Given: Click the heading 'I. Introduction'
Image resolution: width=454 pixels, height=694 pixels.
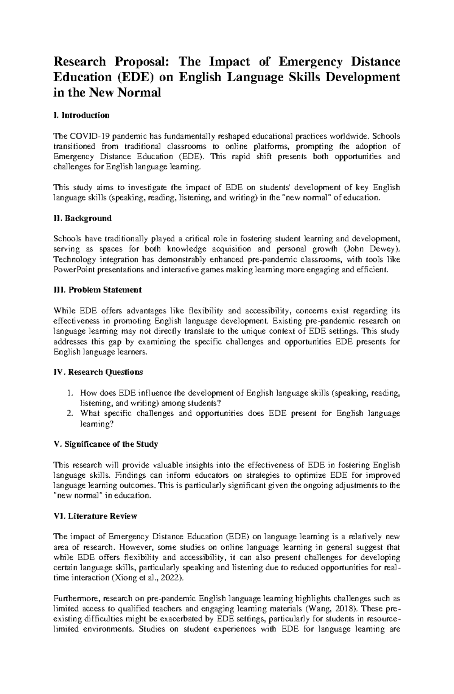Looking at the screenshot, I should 81,115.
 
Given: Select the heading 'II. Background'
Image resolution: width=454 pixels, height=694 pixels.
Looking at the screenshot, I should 82,218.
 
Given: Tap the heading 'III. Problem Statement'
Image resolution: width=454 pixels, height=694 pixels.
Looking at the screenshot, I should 98,290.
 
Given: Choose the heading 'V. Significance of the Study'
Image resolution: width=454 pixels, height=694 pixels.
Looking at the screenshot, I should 106,444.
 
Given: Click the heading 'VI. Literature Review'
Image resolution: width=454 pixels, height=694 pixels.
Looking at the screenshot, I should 95,516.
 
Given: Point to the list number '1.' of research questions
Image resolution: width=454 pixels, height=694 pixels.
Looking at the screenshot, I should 69,393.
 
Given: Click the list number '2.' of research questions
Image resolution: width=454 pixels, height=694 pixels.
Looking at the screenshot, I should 69,413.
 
